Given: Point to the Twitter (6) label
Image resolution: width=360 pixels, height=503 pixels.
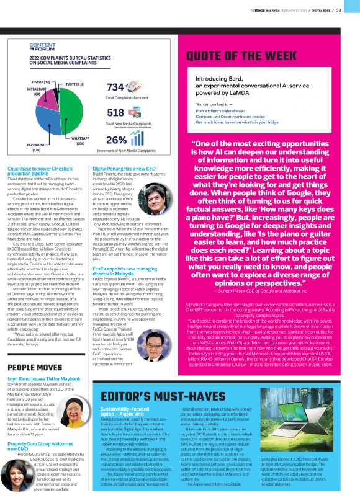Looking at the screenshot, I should click(x=74, y=84).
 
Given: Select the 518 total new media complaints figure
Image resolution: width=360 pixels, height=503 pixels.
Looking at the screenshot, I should click(x=115, y=113).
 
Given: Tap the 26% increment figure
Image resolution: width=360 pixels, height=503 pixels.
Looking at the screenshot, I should click(x=117, y=140).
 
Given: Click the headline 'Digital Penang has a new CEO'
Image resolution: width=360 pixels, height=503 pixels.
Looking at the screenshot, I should click(x=124, y=169).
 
